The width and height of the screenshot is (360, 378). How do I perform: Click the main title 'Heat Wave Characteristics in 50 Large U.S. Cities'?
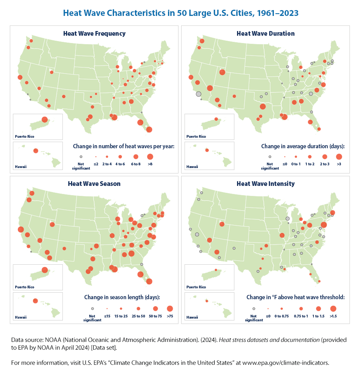pos(180,13)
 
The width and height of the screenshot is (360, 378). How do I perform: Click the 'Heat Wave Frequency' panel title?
pos(94,33)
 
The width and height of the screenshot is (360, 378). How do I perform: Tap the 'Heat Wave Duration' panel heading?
pos(265,33)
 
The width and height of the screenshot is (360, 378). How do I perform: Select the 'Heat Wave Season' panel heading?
pos(94,184)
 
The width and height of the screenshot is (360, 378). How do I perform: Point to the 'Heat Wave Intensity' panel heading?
pos(265,184)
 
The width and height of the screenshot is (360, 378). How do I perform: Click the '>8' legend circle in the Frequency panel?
pos(150,157)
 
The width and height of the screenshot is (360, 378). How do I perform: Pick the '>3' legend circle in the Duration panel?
pos(339,157)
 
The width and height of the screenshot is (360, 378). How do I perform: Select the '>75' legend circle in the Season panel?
pos(170,309)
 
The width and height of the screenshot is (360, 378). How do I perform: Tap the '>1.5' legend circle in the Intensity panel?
pos(333,309)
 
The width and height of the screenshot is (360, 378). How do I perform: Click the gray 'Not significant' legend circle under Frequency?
pos(81,157)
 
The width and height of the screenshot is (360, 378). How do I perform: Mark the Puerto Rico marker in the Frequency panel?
pos(45,120)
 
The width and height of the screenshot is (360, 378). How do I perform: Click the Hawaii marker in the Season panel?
pos(35,301)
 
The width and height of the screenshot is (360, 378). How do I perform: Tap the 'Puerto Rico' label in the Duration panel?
pos(197,136)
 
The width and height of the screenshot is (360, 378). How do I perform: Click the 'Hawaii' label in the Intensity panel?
pos(192,317)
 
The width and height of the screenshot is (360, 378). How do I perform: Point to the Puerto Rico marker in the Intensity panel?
pos(216,270)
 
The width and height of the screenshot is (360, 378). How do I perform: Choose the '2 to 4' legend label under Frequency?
pos(107,164)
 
